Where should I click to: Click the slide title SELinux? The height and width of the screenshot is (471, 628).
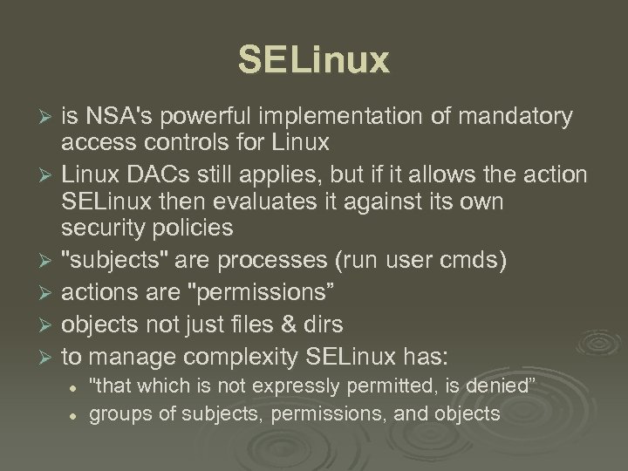313,61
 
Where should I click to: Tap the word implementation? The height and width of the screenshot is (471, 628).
344,117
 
